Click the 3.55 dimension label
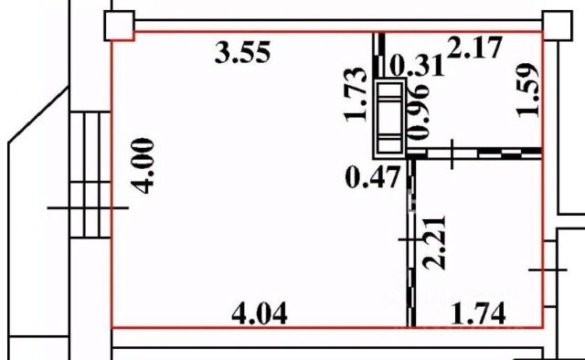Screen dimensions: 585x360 tap(242, 52)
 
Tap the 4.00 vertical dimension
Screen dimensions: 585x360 tap(144, 165)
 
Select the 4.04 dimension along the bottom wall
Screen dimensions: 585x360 tap(260, 313)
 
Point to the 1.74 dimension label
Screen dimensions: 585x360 tap(478, 313)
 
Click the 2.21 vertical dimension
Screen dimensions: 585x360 tap(434, 242)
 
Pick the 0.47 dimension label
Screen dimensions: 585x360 tap(373, 177)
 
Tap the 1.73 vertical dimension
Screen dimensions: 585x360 tap(356, 94)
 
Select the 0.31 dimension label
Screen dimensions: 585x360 tap(417, 66)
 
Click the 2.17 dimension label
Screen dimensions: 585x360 tap(474, 47)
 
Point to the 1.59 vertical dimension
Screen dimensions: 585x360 tap(527, 90)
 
